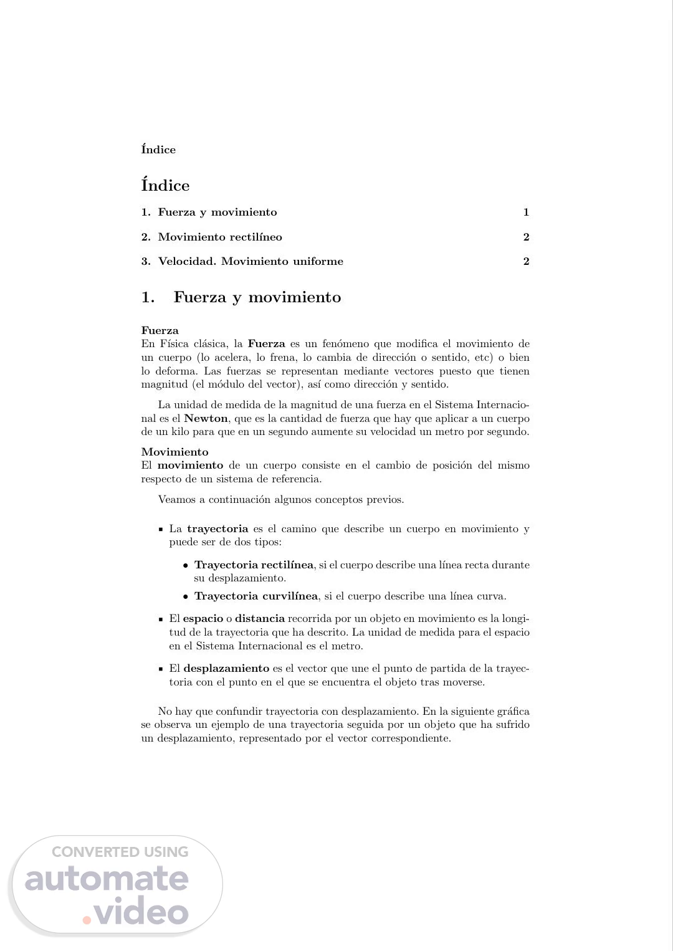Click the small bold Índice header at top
point(158,150)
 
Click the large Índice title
point(165,186)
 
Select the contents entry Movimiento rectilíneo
point(220,237)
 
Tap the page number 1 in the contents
point(526,213)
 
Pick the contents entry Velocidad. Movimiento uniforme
point(251,261)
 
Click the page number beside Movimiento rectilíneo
point(526,237)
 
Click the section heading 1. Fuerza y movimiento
point(241,297)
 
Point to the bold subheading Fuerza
point(160,330)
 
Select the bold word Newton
point(206,419)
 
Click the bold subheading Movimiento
point(174,452)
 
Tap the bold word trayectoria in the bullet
point(217,529)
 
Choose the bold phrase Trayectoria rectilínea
point(254,565)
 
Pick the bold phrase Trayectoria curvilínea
point(255,596)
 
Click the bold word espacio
point(203,619)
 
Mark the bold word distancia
point(259,619)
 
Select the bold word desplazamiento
point(226,669)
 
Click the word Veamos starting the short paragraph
point(173,500)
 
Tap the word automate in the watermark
point(107,879)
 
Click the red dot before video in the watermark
point(88,919)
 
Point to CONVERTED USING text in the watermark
point(120,852)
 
